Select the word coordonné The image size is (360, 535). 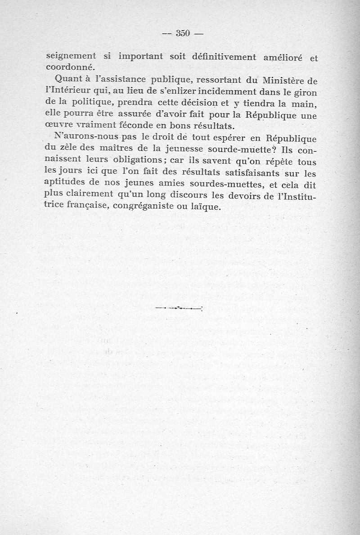(69, 67)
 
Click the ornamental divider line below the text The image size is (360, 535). (179, 309)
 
